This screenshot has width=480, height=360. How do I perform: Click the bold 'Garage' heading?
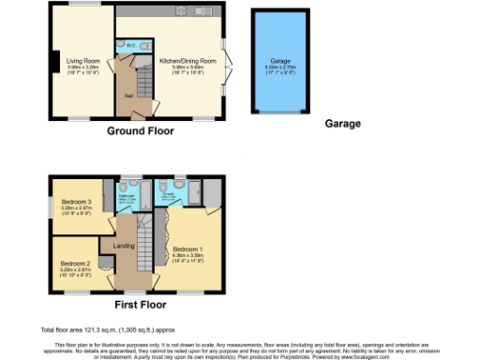point(342,123)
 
